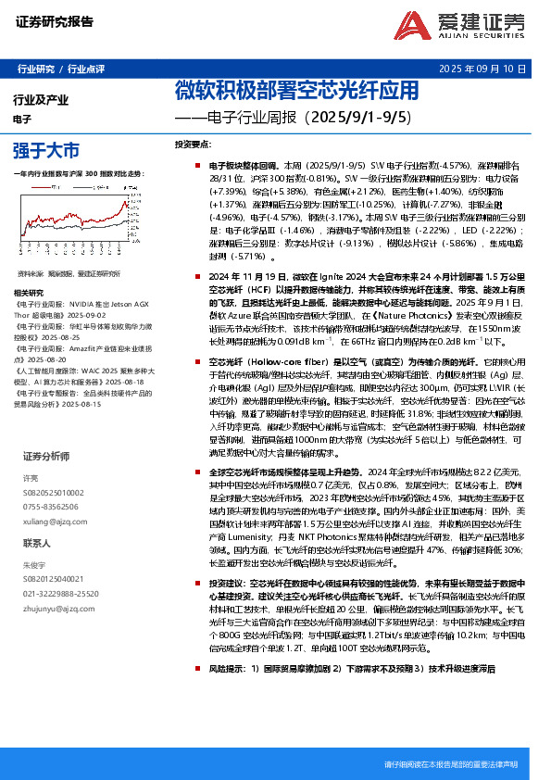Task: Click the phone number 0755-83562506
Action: coord(51,508)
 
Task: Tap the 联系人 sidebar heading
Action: coord(37,544)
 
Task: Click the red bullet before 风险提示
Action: coord(187,692)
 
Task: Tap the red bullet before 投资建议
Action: coord(187,585)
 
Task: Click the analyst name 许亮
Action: coord(30,479)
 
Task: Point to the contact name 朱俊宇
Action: coord(33,564)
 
